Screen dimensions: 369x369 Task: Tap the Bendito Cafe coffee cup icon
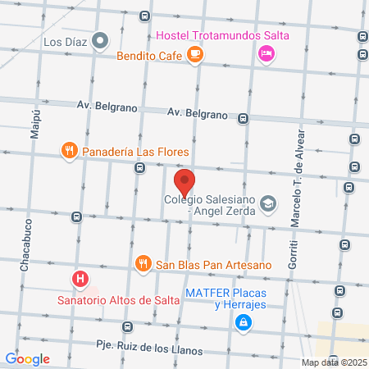pos(194,54)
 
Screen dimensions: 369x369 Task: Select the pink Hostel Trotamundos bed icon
pos(266,54)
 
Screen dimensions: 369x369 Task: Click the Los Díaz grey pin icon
pos(101,39)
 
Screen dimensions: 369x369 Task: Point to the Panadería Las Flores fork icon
pos(70,151)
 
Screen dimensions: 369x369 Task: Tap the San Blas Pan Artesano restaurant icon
pos(143,264)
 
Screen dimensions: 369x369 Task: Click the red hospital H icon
pos(80,280)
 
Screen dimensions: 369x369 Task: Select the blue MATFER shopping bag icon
pos(243,325)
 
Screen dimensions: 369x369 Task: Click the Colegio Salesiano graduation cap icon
pos(268,203)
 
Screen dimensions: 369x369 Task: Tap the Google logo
pos(27,358)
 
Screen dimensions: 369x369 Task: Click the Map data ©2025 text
pos(333,362)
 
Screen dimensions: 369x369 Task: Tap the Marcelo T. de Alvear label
pos(299,177)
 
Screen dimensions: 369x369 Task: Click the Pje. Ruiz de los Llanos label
pos(148,349)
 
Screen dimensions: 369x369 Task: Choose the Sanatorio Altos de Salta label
pos(107,299)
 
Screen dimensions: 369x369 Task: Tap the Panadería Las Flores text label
pos(135,152)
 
